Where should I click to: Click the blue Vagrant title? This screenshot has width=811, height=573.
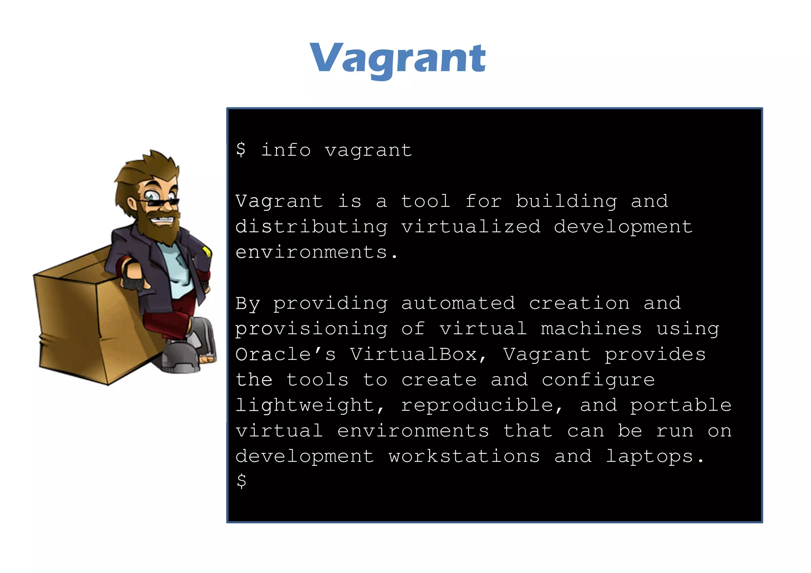point(398,59)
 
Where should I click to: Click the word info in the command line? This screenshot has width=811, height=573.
point(286,150)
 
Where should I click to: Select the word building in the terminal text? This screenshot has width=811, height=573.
point(566,202)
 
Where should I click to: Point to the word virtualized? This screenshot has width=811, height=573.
point(471,227)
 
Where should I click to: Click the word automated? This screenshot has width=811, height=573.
point(458,303)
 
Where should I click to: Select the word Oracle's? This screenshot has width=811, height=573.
point(285,354)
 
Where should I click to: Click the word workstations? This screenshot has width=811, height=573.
point(464,457)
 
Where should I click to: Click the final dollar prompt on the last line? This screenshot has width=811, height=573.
point(241,482)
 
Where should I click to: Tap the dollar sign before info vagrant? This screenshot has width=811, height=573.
point(241,150)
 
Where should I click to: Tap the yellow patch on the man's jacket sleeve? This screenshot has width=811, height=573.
point(206,251)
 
